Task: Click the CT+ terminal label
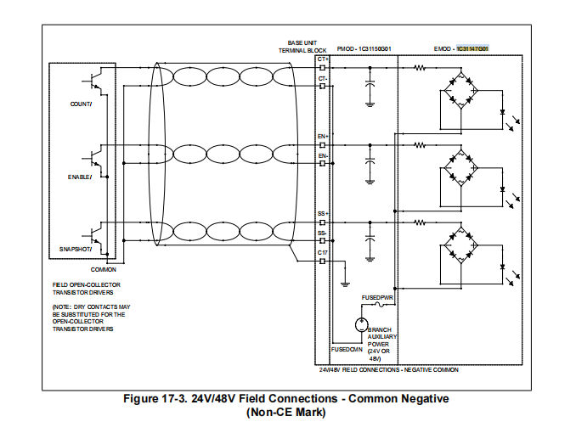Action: [323, 58]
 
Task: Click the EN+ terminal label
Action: [323, 136]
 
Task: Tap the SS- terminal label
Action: [323, 233]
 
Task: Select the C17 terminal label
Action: [323, 252]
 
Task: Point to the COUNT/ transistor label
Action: [82, 104]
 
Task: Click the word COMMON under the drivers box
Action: [104, 269]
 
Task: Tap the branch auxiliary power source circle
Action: [360, 324]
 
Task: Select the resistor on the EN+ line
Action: [419, 145]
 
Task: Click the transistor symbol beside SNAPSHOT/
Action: [96, 232]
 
